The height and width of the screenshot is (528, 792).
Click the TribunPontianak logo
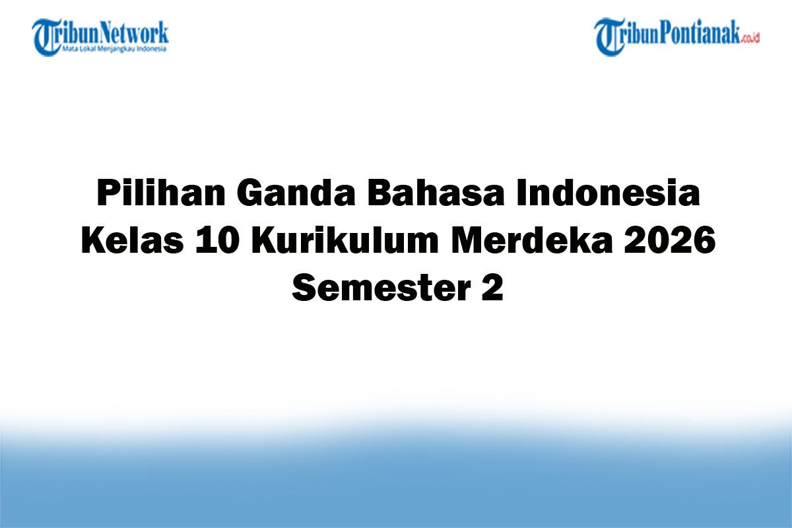point(676,36)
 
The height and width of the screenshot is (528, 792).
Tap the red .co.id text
point(751,38)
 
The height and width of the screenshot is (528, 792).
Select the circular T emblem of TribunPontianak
point(609,37)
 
